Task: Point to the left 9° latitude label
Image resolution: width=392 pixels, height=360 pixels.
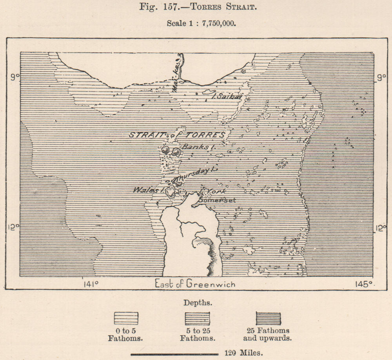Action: click(x=15, y=78)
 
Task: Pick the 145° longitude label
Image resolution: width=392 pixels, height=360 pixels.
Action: click(x=365, y=284)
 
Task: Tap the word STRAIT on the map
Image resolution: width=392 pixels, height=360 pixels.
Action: click(x=145, y=135)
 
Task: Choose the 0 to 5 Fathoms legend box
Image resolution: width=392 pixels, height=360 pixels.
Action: click(x=126, y=318)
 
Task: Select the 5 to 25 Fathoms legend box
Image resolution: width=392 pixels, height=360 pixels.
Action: click(x=197, y=318)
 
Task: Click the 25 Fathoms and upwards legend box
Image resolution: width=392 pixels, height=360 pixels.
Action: click(x=269, y=318)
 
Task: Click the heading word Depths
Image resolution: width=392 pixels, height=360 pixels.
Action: click(x=198, y=303)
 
